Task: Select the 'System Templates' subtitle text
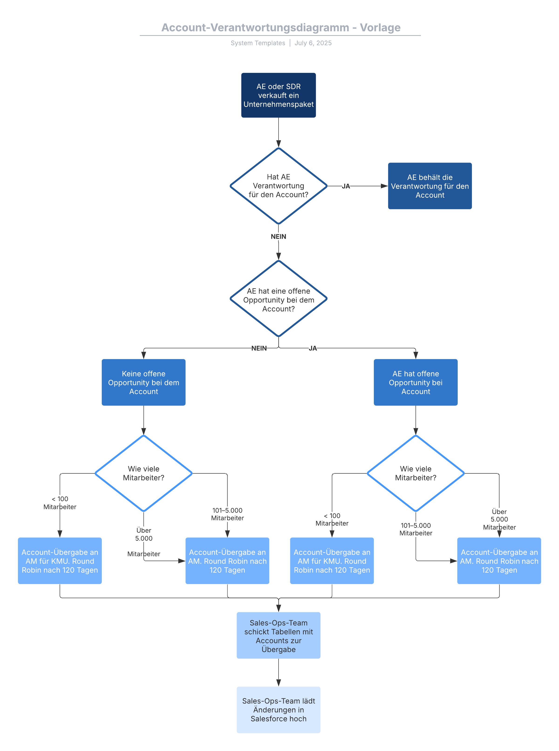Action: [258, 43]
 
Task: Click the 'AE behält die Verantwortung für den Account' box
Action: [429, 186]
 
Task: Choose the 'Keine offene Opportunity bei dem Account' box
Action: [143, 382]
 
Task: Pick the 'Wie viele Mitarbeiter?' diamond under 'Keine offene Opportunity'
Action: [143, 473]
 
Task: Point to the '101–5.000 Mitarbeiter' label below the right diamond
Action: [416, 529]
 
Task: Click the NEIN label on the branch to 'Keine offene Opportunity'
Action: [259, 348]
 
